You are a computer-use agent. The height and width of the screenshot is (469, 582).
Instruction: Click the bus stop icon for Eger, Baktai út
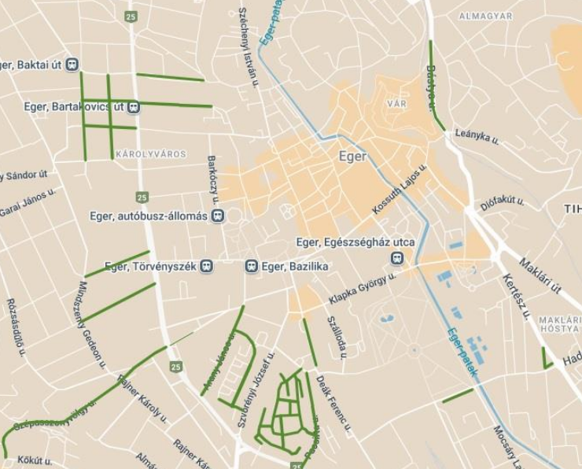(72, 65)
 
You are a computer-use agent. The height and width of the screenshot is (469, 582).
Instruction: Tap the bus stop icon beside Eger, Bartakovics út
(134, 106)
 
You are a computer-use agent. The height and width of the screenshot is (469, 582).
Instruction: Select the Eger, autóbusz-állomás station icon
(218, 216)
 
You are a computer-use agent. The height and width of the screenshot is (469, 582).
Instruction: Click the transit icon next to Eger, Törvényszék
(206, 267)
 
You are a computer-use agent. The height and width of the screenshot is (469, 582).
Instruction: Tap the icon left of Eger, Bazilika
(252, 267)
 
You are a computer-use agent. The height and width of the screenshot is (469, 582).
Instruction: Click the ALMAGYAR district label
(485, 16)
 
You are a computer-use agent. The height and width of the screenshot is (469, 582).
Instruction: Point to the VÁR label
(396, 104)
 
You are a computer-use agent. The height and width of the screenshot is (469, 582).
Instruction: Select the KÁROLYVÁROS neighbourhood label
(151, 154)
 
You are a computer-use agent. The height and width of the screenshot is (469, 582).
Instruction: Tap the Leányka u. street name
(477, 137)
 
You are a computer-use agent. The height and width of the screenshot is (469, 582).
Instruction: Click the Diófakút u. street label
(503, 203)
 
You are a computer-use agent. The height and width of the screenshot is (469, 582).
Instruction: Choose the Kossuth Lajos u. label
(400, 190)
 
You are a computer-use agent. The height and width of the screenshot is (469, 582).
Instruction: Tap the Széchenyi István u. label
(248, 47)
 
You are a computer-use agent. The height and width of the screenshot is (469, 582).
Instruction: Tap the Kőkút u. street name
(35, 460)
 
